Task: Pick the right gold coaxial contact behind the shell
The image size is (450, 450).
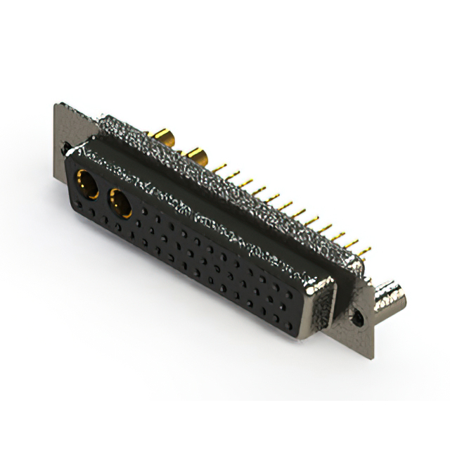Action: pyautogui.click(x=194, y=155)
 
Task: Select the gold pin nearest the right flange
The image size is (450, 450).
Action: pyautogui.click(x=367, y=249)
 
